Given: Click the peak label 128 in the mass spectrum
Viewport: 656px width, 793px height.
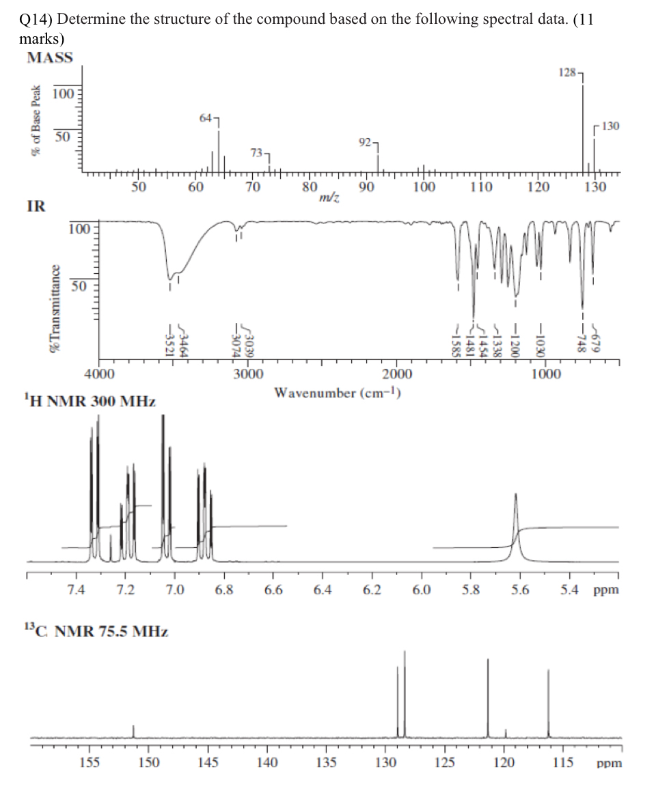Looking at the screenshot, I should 567,72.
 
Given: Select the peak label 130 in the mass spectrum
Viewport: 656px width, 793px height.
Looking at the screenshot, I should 611,126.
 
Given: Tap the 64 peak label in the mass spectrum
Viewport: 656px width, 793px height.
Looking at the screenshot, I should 206,118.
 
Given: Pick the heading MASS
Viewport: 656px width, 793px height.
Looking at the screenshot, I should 49,58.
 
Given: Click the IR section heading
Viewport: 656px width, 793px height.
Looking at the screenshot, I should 36,206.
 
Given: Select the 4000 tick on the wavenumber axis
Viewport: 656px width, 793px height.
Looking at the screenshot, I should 99,374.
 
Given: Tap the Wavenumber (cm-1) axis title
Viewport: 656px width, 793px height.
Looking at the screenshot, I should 337,393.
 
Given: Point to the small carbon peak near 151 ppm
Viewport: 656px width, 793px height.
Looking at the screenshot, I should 133,730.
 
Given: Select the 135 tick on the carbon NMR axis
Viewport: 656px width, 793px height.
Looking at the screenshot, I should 326,762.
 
